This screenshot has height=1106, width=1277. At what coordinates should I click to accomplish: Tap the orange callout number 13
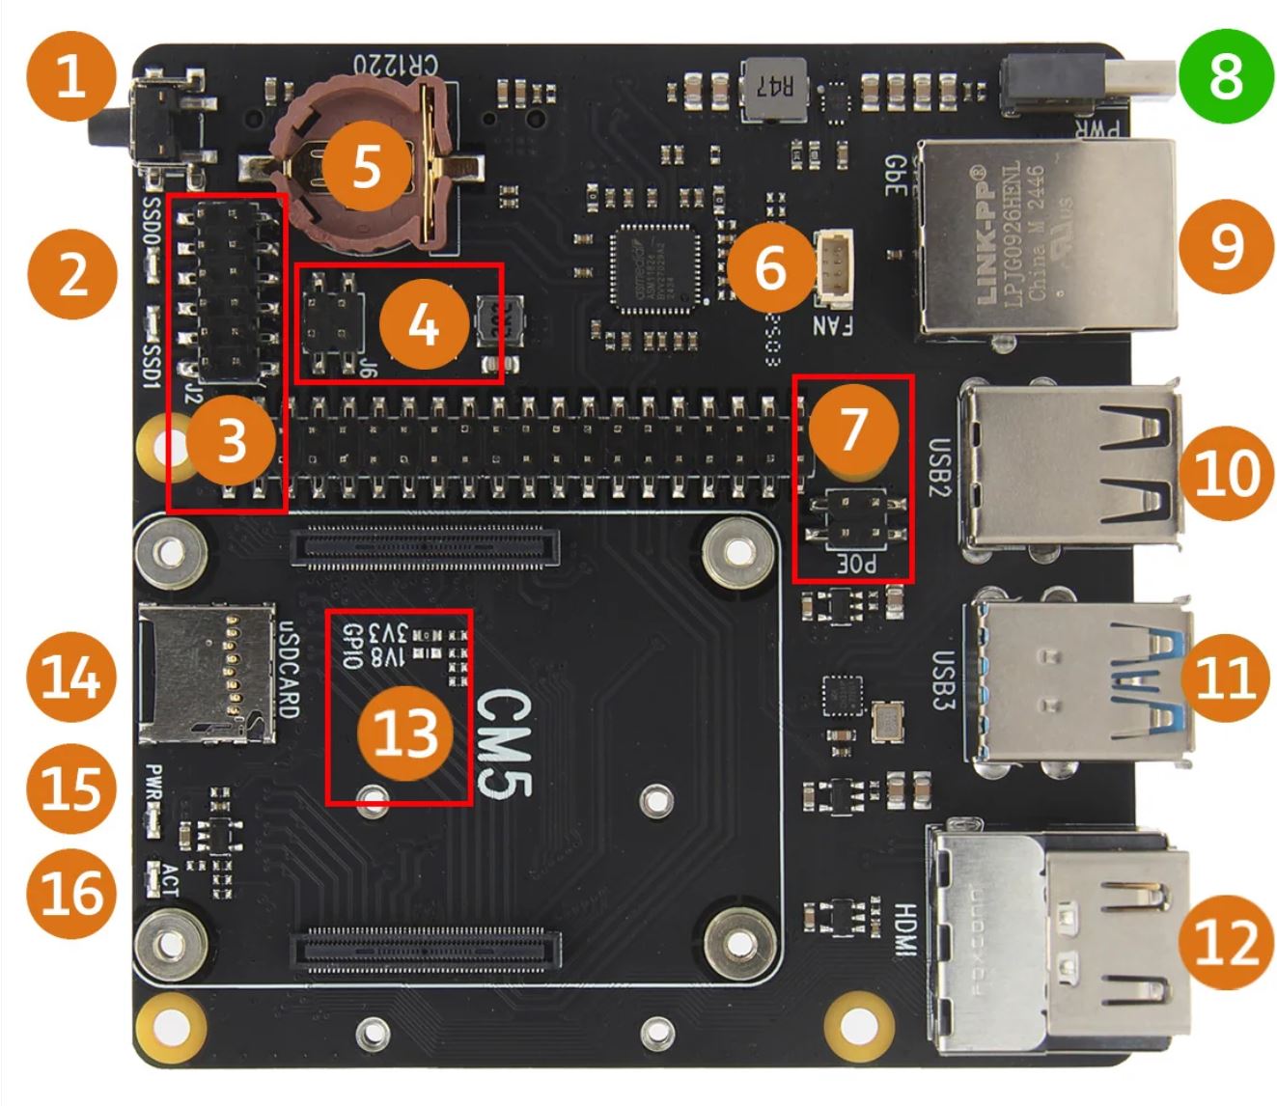coord(404,734)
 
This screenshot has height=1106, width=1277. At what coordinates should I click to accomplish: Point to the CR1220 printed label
coord(395,66)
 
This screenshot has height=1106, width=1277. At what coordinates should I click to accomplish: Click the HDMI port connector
coord(1062,935)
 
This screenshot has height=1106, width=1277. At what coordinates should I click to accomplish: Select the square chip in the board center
coord(656,269)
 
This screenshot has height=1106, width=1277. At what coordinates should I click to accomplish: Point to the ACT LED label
coord(169,878)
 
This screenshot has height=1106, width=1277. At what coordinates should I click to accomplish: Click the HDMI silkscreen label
coord(904,930)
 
